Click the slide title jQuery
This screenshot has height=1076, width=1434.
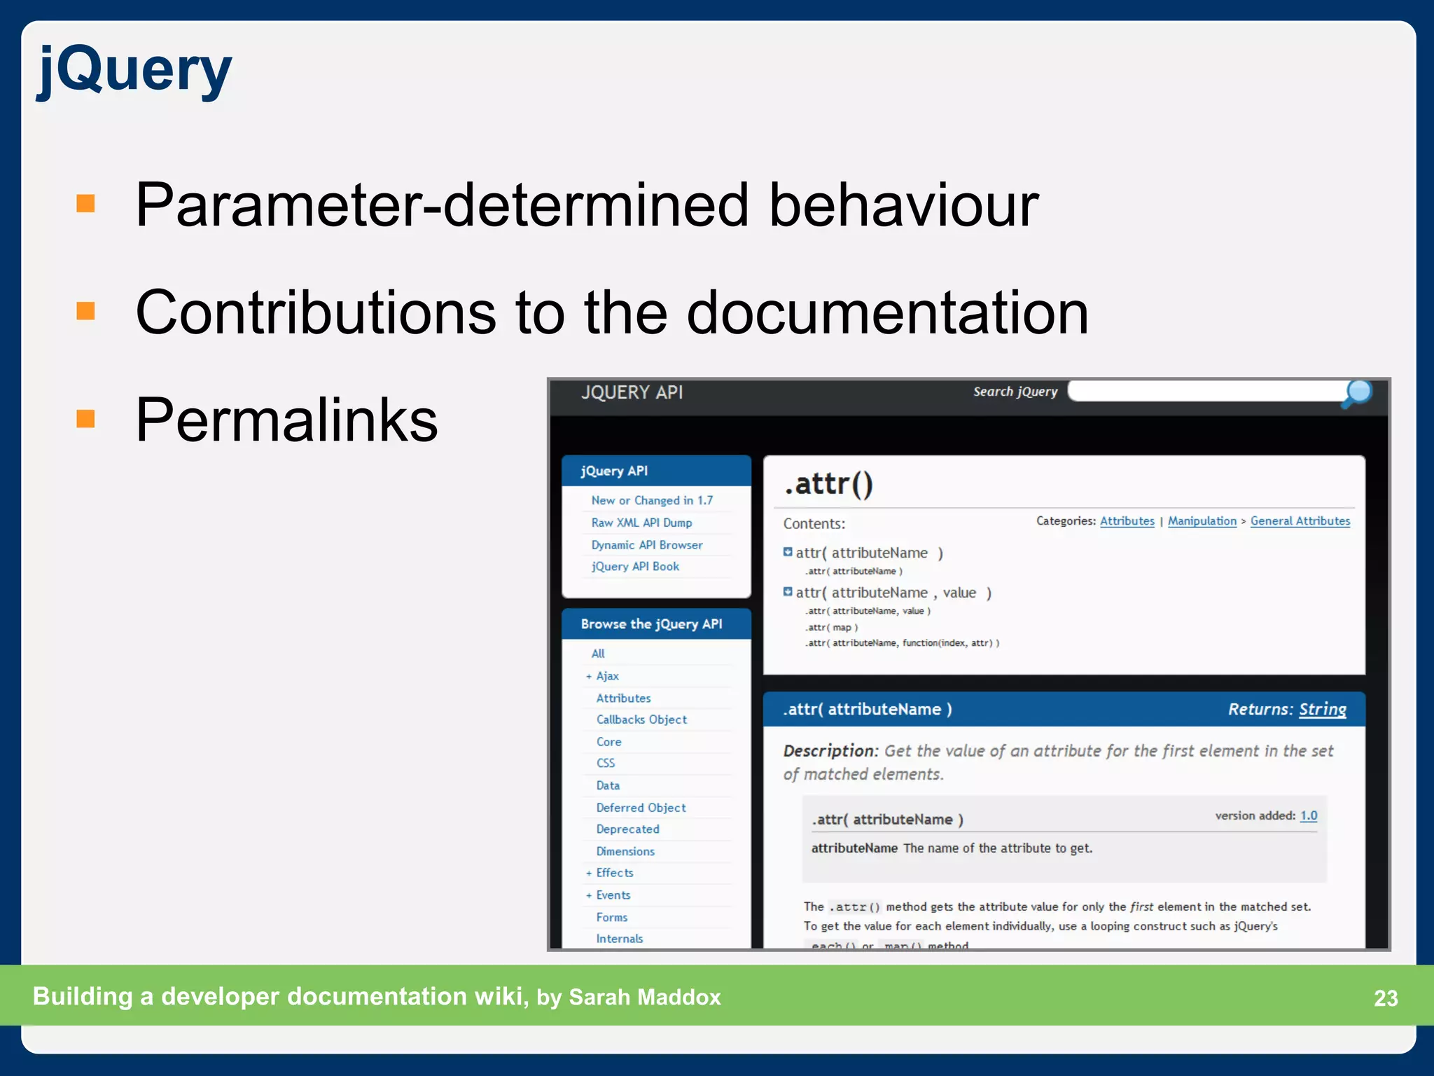(134, 70)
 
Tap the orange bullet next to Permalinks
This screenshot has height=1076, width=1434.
(85, 418)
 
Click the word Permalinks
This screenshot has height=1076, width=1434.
(286, 420)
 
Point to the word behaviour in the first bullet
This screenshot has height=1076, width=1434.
(903, 205)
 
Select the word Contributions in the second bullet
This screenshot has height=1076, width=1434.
(316, 312)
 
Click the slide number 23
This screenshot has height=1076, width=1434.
(1385, 998)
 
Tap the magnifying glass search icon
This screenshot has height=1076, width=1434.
(1357, 393)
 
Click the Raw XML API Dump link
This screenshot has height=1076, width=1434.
(641, 523)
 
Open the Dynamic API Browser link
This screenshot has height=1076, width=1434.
(647, 545)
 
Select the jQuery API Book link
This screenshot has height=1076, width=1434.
(635, 566)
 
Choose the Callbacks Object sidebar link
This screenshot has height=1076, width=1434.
(641, 719)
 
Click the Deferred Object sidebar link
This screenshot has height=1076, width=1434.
(641, 808)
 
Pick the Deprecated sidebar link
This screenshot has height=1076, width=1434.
(627, 829)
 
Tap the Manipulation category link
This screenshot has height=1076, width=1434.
(1202, 520)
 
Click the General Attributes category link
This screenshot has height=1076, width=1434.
(1300, 520)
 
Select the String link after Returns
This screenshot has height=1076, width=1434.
(1322, 709)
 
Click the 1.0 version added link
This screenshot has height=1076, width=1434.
(1308, 815)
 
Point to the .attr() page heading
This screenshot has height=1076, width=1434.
(828, 484)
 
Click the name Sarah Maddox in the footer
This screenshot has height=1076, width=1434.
(644, 997)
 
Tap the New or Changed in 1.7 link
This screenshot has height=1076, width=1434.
(652, 500)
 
